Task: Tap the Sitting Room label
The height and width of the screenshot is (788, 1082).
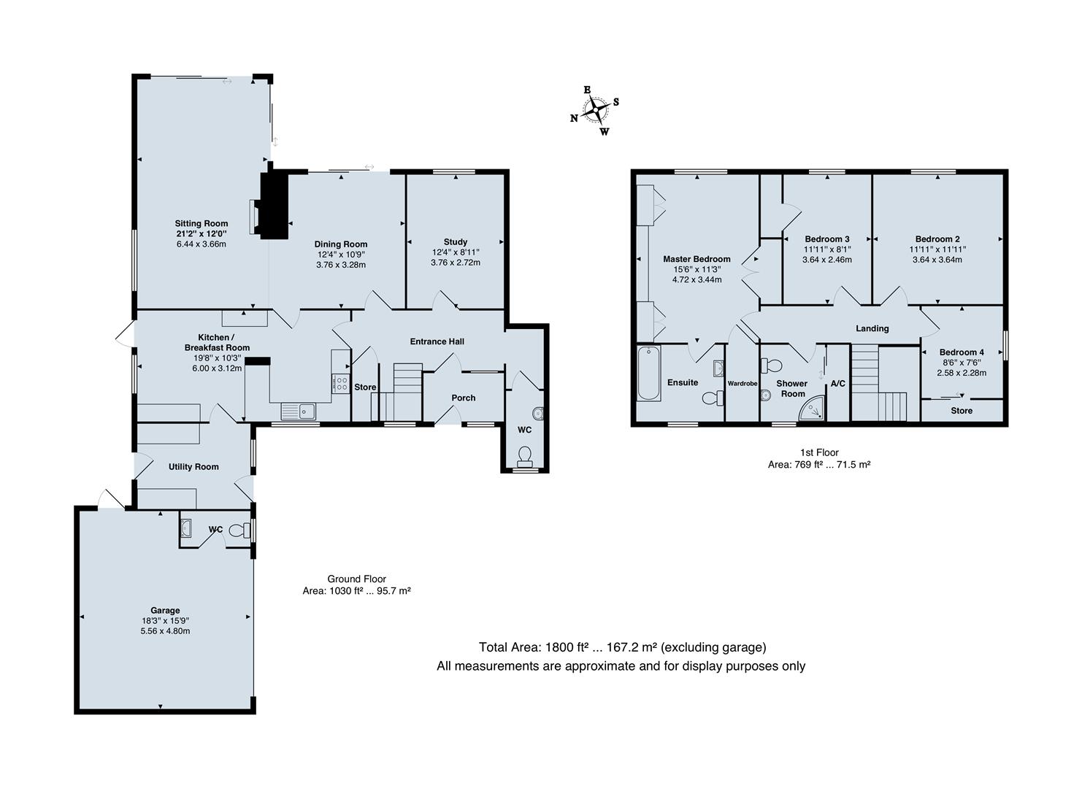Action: [201, 223]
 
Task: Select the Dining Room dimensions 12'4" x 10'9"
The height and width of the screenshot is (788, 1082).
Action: [341, 255]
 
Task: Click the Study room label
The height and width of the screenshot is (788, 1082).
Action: [455, 242]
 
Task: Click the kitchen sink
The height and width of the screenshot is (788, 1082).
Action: [298, 412]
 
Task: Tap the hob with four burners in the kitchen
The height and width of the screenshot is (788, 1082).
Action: [341, 384]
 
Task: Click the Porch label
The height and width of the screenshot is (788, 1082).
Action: [463, 398]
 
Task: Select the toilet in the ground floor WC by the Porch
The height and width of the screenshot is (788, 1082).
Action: [524, 456]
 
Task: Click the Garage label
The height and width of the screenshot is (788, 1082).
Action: [165, 610]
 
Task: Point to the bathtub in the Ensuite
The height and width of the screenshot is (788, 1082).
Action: [648, 374]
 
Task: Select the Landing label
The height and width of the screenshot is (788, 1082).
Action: [872, 328]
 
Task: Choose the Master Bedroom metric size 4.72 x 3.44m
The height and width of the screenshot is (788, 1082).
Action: [697, 279]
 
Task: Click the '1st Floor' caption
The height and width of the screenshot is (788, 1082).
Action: [818, 452]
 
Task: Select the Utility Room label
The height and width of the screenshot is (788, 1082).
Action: [193, 466]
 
